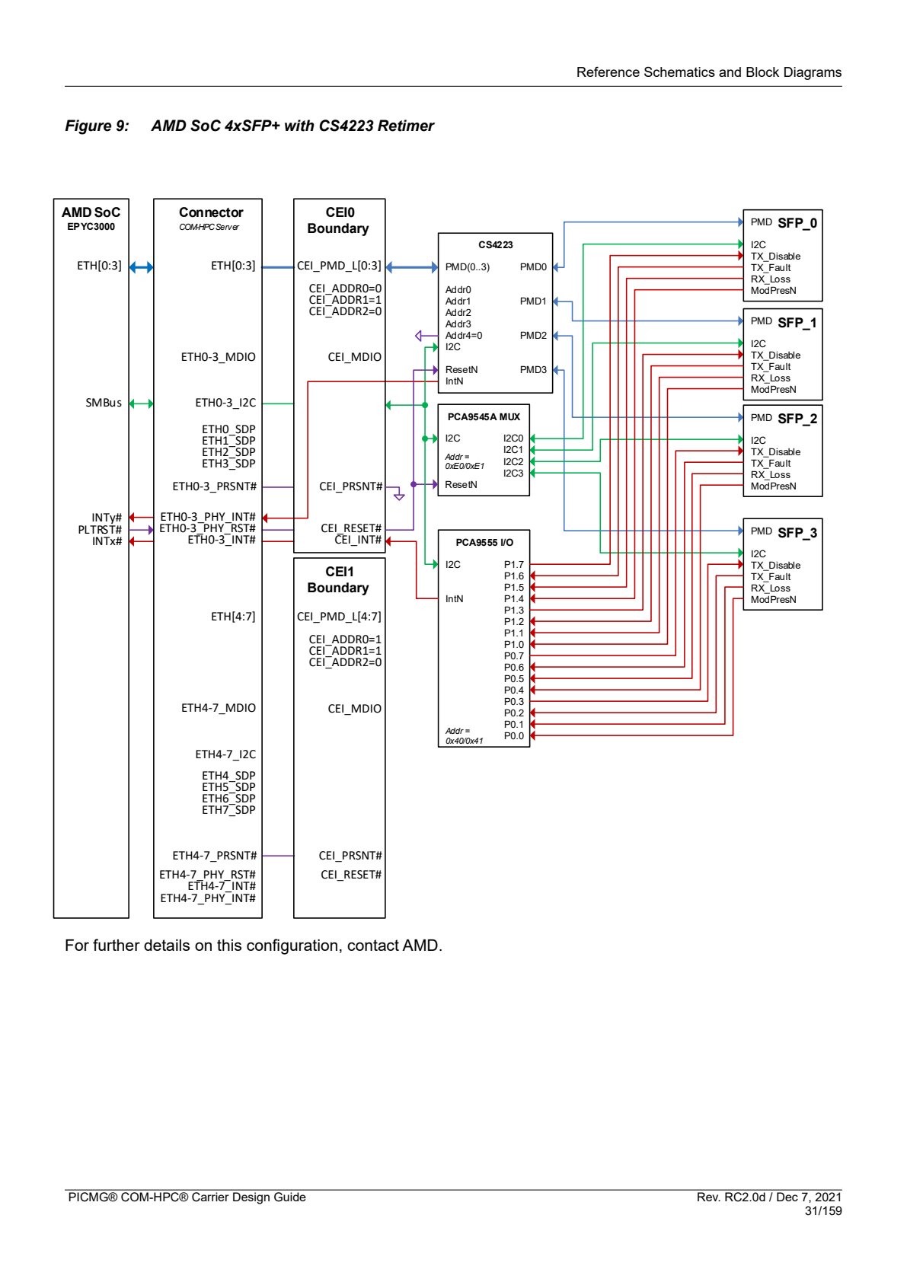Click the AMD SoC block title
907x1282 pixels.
tap(91, 212)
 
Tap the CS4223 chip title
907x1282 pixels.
tap(495, 245)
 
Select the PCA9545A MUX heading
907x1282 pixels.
tap(484, 416)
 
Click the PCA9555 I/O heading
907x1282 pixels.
tap(484, 542)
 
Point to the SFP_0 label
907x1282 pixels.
tap(797, 223)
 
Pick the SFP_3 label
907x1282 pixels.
tap(797, 533)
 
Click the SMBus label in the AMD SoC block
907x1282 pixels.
tap(104, 403)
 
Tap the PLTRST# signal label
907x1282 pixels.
tap(100, 530)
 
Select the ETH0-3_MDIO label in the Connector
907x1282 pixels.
tap(218, 357)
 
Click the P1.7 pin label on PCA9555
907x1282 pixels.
tap(513, 564)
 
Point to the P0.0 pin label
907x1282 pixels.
tap(513, 736)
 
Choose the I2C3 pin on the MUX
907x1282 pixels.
tap(513, 474)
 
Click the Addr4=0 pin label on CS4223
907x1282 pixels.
tap(464, 336)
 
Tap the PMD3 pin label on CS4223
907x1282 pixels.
tap(533, 370)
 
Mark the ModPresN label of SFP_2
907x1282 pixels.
tap(773, 486)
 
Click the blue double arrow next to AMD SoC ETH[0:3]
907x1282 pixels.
tap(141, 266)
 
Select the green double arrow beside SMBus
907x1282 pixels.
tap(141, 404)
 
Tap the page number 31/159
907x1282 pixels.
tap(822, 1210)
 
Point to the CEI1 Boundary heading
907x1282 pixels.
tap(338, 580)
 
